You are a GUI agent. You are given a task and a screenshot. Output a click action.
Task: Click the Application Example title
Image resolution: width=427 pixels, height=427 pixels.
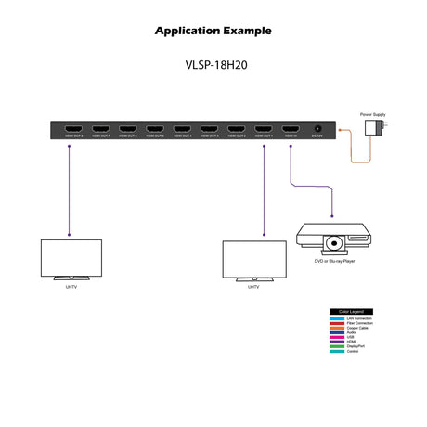pos(213,31)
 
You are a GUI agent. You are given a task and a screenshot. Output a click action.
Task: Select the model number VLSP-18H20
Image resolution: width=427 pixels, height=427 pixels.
pos(213,67)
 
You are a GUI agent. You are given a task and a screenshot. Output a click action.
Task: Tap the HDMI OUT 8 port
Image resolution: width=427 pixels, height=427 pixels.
pos(74,128)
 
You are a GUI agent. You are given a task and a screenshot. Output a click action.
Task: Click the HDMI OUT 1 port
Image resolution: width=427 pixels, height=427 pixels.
pos(265,128)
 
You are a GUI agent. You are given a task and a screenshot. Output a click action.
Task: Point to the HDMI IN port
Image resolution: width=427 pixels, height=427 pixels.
pos(291,128)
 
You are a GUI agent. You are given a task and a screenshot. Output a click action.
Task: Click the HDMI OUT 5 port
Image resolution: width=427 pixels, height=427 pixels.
pos(156,128)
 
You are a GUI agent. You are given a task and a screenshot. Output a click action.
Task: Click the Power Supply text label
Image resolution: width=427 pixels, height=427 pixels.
pos(374,113)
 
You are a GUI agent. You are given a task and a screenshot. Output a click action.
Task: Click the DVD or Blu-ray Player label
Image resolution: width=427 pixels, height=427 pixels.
pos(335,262)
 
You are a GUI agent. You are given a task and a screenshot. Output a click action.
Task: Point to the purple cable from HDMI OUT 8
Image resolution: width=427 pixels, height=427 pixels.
pos(70,186)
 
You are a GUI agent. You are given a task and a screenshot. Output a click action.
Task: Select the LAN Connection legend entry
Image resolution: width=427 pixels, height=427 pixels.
pos(357,318)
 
